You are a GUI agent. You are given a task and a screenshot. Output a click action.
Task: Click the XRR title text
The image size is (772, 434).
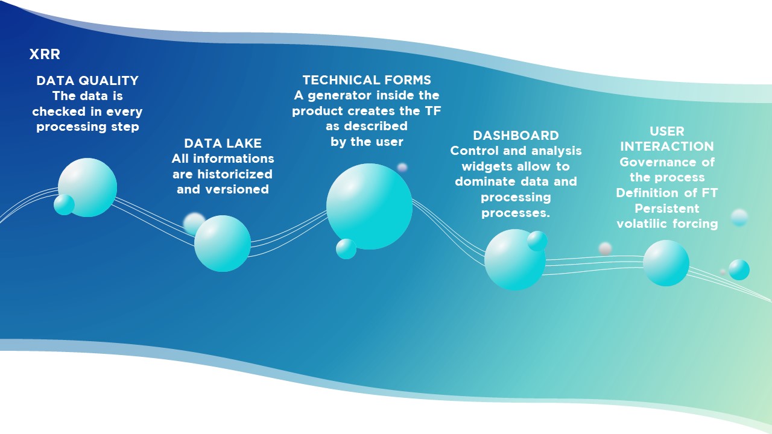[45, 54]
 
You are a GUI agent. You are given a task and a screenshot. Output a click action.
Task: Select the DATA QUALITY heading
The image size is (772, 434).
[87, 81]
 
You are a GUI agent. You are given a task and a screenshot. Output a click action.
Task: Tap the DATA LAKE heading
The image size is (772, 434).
[223, 143]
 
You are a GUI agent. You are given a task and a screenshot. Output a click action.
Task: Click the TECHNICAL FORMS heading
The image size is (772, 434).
[367, 80]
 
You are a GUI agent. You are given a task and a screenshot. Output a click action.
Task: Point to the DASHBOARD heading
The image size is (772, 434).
[516, 136]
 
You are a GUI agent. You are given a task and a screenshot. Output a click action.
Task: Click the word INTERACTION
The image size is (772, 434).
[667, 146]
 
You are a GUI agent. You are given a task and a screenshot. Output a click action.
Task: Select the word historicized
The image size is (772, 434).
[235, 174]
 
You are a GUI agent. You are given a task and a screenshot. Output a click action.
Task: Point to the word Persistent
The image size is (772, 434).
[667, 209]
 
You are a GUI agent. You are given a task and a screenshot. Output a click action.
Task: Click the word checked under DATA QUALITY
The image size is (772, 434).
[59, 112]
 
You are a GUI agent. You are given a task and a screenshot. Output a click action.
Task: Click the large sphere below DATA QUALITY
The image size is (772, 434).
[87, 187]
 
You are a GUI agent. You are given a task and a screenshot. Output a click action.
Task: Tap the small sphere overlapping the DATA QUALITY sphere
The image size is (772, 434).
[64, 204]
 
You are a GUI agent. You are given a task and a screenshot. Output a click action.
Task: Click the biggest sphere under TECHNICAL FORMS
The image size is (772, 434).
[369, 206]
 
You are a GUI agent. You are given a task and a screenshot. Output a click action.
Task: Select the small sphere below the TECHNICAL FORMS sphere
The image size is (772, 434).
[346, 249]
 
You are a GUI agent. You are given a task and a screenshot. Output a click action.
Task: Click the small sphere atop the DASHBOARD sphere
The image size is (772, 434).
[537, 241]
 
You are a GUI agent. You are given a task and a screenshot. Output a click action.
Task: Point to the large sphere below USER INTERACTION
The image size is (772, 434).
[666, 263]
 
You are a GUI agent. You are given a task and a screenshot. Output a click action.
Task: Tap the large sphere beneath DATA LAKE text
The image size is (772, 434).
[223, 244]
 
